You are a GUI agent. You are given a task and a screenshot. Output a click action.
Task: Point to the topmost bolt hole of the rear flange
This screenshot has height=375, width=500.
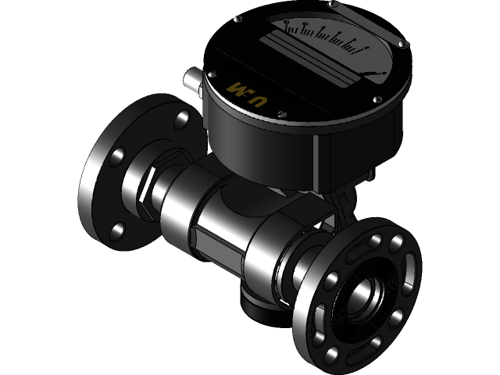(183, 119)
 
